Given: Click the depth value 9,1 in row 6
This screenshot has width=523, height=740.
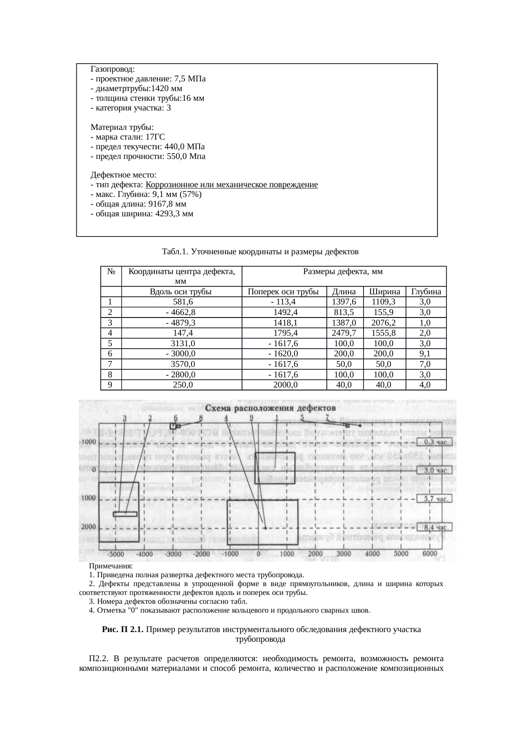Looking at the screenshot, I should click(x=425, y=353).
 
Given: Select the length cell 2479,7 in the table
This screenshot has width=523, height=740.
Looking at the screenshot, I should click(x=345, y=333).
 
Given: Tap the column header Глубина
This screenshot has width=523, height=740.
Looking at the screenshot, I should click(x=426, y=291).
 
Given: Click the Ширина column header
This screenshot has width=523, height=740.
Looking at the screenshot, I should click(x=384, y=291).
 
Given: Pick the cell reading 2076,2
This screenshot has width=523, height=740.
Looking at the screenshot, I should click(x=384, y=323).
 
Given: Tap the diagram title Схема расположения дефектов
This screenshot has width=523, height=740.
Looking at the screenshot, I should click(x=270, y=408).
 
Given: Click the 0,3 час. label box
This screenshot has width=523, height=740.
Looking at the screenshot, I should click(x=435, y=442).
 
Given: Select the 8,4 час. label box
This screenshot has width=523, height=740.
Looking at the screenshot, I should click(x=435, y=527).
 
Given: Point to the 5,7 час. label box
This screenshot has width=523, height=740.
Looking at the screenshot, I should click(x=435, y=498).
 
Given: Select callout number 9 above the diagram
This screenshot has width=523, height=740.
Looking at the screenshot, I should click(x=251, y=418).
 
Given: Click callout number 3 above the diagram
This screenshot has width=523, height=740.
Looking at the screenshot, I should click(x=125, y=418).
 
